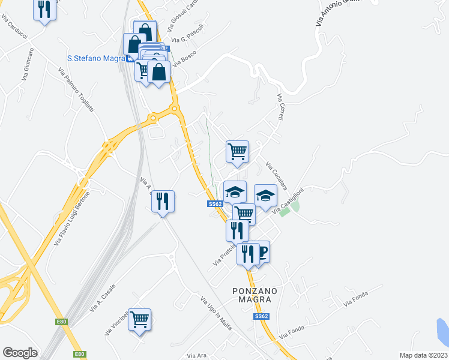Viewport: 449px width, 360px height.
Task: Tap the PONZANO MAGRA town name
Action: point(255,295)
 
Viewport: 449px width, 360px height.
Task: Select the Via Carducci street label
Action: point(15,29)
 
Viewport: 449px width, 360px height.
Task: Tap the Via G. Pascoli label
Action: point(187,37)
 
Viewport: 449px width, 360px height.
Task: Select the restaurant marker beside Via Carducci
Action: point(44,10)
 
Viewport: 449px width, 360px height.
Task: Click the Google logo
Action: point(20,353)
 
